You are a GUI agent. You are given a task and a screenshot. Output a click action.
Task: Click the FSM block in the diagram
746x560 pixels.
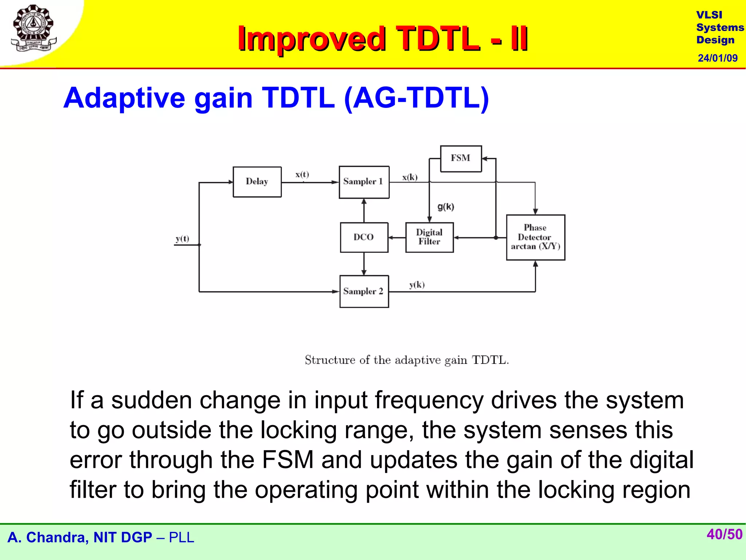point(461,159)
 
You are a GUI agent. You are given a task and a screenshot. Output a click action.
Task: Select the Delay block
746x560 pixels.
point(257,182)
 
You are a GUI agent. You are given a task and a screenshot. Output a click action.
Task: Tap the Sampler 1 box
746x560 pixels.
point(364,182)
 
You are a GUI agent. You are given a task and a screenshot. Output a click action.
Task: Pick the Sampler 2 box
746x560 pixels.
point(364,291)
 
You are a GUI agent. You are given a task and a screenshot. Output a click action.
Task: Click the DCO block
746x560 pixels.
point(364,237)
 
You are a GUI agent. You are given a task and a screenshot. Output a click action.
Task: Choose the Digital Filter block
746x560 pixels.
point(429,237)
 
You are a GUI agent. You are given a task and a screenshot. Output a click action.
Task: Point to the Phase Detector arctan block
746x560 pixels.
point(535,237)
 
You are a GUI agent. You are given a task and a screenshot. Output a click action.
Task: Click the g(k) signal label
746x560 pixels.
point(445,207)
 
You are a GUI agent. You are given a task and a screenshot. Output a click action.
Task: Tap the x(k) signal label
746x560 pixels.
point(410,177)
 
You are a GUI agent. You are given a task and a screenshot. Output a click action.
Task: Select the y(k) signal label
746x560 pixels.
point(417,285)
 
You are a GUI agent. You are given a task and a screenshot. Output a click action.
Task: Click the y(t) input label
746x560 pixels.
point(182,239)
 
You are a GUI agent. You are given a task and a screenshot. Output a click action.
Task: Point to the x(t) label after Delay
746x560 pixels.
point(302,174)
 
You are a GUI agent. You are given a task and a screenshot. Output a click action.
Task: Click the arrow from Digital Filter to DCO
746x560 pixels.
point(397,238)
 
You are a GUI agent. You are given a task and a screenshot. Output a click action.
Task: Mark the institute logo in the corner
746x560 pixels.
point(34,28)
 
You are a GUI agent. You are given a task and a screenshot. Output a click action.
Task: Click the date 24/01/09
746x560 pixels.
point(717,58)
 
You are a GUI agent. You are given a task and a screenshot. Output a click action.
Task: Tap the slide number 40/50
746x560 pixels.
point(724,534)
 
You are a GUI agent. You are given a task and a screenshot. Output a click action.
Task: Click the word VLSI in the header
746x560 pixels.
point(709,15)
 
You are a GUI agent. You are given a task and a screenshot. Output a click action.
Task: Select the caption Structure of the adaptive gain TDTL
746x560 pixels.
point(407,360)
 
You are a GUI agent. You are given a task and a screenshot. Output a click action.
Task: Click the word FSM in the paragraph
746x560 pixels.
point(287,460)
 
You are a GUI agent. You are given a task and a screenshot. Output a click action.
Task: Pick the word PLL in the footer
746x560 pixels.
point(181,538)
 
